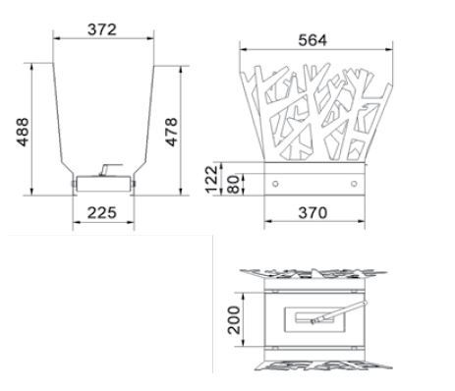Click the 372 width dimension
(102, 29)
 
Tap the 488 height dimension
(23, 132)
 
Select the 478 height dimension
(171, 132)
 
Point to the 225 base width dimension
(102, 213)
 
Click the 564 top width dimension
(313, 40)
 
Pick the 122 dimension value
(211, 180)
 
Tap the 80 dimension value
(234, 185)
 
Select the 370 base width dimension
(313, 213)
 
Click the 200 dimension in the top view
(234, 320)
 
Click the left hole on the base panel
(275, 184)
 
